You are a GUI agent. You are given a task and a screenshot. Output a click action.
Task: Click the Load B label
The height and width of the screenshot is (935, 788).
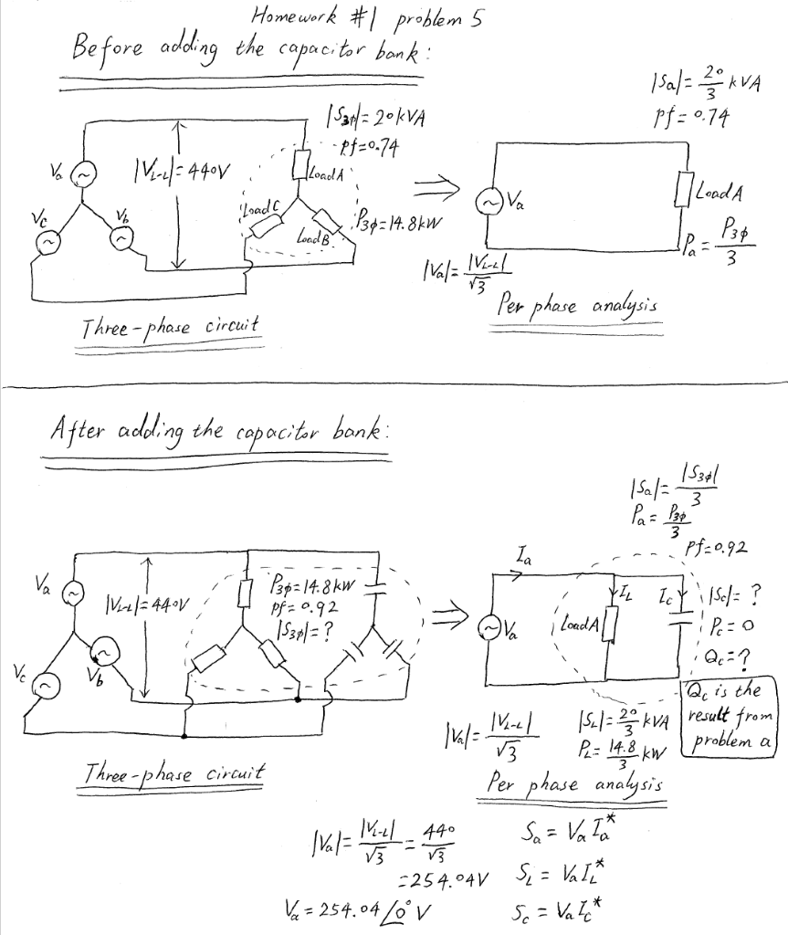[310, 238]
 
